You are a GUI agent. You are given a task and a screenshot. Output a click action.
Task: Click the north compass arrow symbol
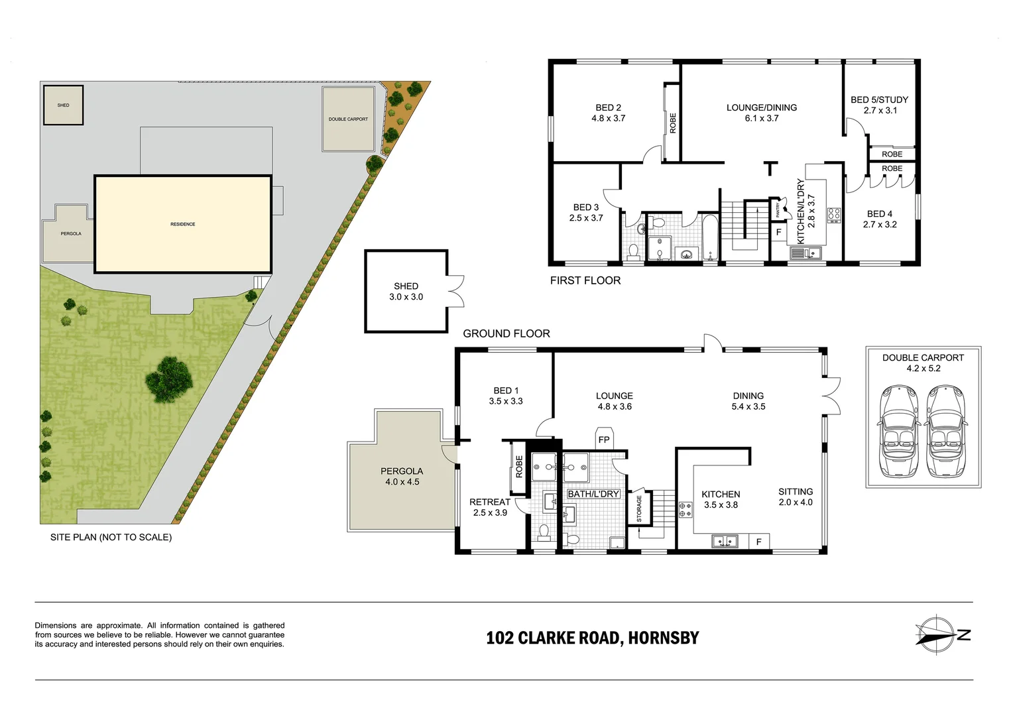(941, 635)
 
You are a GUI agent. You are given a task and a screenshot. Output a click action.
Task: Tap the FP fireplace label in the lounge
(604, 440)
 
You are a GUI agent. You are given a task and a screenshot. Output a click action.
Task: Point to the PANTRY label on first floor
(778, 210)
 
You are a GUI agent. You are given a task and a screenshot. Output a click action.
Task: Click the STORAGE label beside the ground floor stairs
(639, 508)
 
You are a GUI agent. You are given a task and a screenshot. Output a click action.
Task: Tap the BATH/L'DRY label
(593, 494)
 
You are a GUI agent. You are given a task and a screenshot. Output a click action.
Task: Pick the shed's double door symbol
(456, 291)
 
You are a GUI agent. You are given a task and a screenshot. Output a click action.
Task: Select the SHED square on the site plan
(64, 105)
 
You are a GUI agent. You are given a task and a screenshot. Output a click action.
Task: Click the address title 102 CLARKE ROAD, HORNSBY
(592, 638)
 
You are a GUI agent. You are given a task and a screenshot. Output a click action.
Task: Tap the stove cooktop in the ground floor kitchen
(684, 509)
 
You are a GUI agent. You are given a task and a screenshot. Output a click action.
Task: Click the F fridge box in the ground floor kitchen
(759, 542)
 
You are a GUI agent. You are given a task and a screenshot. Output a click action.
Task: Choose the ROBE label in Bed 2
(672, 123)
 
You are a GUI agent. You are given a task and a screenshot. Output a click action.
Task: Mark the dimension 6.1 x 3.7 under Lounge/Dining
(762, 119)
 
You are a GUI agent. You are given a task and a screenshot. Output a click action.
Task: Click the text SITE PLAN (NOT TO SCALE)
(111, 537)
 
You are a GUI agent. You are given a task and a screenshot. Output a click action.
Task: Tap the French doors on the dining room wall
(829, 396)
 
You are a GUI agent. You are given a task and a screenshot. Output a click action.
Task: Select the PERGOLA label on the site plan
(71, 233)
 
